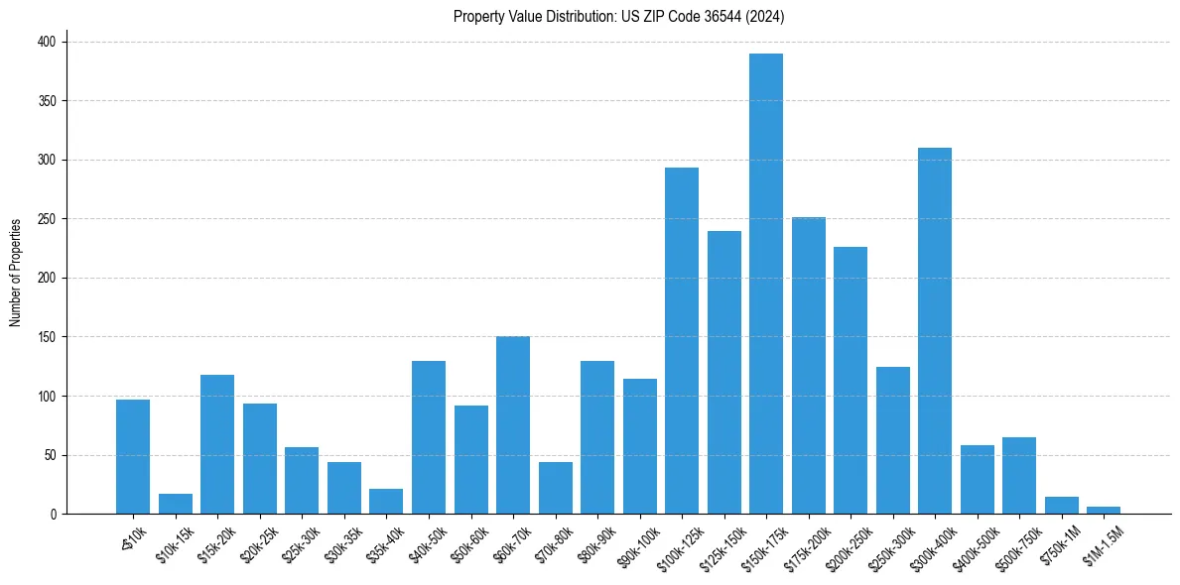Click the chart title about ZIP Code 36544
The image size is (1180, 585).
tap(619, 17)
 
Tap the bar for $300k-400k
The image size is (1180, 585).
tap(935, 331)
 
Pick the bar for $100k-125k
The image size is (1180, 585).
tap(682, 341)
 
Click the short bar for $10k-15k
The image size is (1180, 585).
tap(176, 504)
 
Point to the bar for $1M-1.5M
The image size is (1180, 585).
tap(1104, 511)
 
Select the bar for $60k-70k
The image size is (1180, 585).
tap(513, 425)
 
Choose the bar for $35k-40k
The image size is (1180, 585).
tap(386, 502)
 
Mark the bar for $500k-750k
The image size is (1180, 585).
tap(1019, 476)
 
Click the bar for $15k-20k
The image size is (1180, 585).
tap(217, 444)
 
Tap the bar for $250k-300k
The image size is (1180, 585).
tap(893, 441)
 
